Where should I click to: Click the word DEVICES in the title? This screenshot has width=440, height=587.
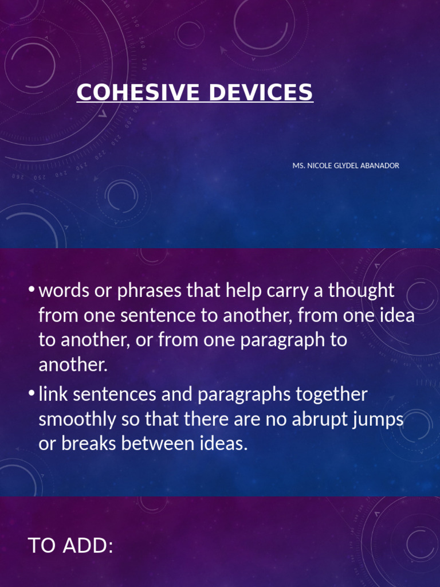(261, 92)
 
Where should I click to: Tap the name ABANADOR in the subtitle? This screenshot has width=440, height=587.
(379, 166)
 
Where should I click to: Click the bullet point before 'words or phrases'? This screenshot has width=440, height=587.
(32, 291)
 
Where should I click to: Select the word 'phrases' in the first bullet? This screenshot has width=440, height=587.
(149, 291)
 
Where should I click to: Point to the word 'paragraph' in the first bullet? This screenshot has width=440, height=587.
(278, 341)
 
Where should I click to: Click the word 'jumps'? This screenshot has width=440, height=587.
(379, 420)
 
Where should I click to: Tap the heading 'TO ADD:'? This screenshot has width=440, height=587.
(70, 546)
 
